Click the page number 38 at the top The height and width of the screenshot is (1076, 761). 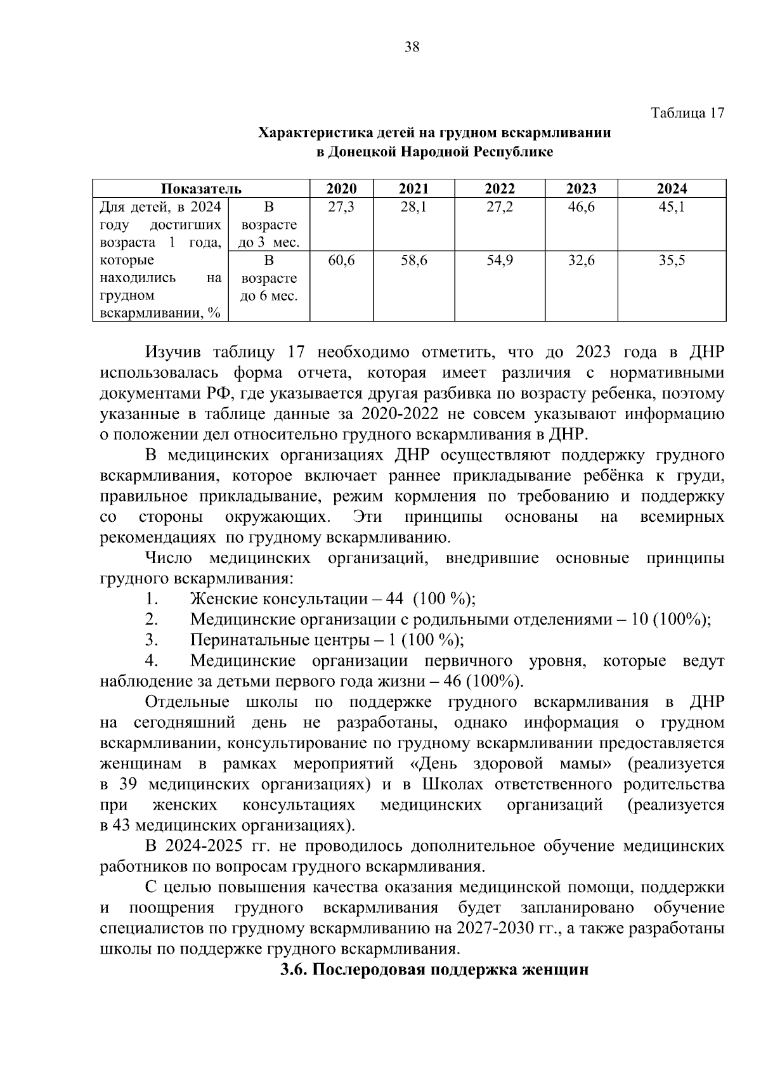412,48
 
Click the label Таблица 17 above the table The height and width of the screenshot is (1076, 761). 687,113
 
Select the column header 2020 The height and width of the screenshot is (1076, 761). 341,188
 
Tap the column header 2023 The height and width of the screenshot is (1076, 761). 581,188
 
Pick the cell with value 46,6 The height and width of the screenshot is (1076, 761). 581,207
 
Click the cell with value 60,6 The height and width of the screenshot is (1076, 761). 341,261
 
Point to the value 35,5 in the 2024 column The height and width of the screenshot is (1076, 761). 671,261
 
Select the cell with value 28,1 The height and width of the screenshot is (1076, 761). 413,207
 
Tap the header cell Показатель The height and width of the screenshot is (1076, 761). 201,188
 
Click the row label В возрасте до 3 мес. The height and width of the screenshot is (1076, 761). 268,224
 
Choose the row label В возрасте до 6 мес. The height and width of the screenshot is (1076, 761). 268,278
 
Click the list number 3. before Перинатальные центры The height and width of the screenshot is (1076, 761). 151,640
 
